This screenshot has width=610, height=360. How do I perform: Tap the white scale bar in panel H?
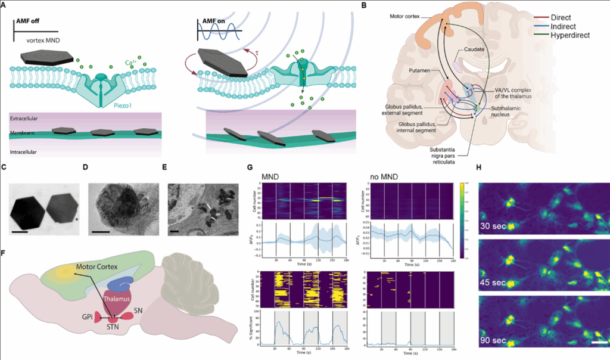coord(600,343)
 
